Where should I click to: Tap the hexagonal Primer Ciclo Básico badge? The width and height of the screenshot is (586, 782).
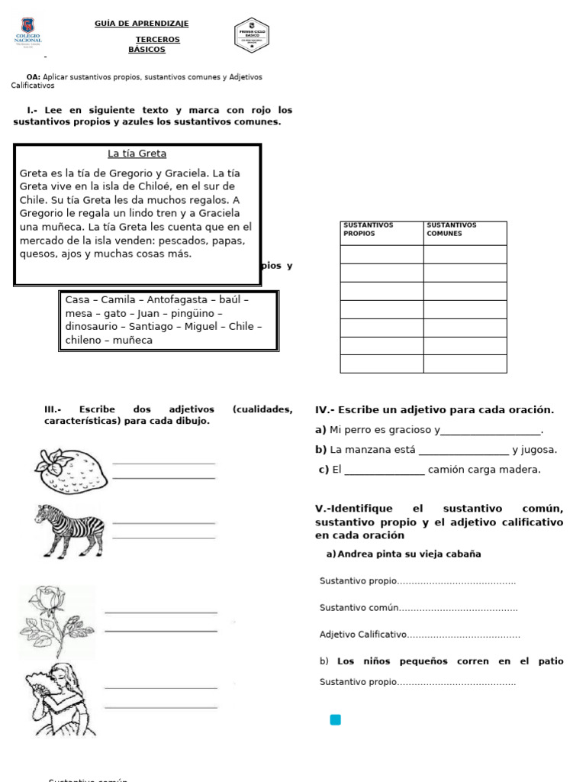(x=252, y=36)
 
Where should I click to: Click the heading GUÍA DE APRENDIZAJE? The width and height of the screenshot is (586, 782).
(x=141, y=24)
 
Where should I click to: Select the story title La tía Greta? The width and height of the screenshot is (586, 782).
(x=137, y=153)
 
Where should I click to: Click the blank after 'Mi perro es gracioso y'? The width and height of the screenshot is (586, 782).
(x=491, y=431)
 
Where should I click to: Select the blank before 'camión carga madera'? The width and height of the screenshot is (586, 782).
(x=385, y=470)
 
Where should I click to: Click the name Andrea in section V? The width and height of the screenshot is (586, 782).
(x=355, y=554)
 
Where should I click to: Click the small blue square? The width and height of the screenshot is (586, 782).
(x=335, y=719)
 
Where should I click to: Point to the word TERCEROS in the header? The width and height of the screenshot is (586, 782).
(x=158, y=39)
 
